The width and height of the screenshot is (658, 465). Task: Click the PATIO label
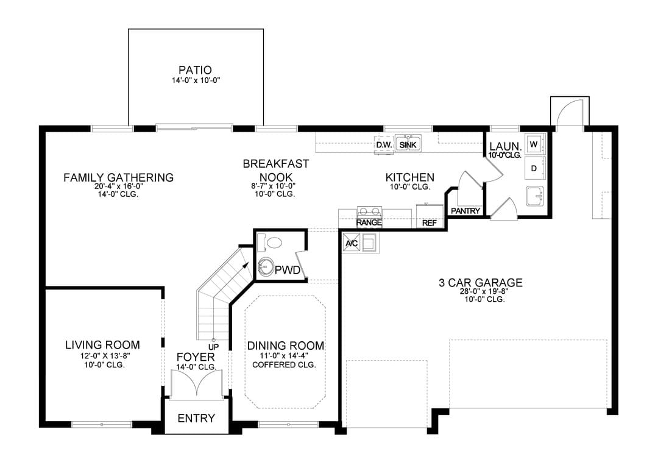tap(195, 70)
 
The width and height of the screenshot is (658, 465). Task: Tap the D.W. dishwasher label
tap(384, 145)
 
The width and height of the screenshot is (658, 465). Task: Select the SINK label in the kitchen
tap(408, 145)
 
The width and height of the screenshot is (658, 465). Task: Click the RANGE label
tap(369, 222)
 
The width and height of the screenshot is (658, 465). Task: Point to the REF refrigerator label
tap(430, 223)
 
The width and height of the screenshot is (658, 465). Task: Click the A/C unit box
tap(352, 243)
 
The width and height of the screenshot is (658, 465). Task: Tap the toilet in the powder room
tap(270, 242)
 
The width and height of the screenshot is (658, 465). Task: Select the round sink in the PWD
tap(266, 266)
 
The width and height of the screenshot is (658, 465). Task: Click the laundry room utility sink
tap(535, 196)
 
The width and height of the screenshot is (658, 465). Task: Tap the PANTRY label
tap(465, 211)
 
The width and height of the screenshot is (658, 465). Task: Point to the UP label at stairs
tap(214, 347)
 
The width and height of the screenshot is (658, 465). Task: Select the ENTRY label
tap(196, 418)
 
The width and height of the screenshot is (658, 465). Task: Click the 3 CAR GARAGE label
tap(481, 283)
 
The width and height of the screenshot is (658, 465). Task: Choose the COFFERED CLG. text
tap(284, 364)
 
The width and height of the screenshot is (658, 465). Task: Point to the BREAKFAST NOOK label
tap(276, 171)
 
